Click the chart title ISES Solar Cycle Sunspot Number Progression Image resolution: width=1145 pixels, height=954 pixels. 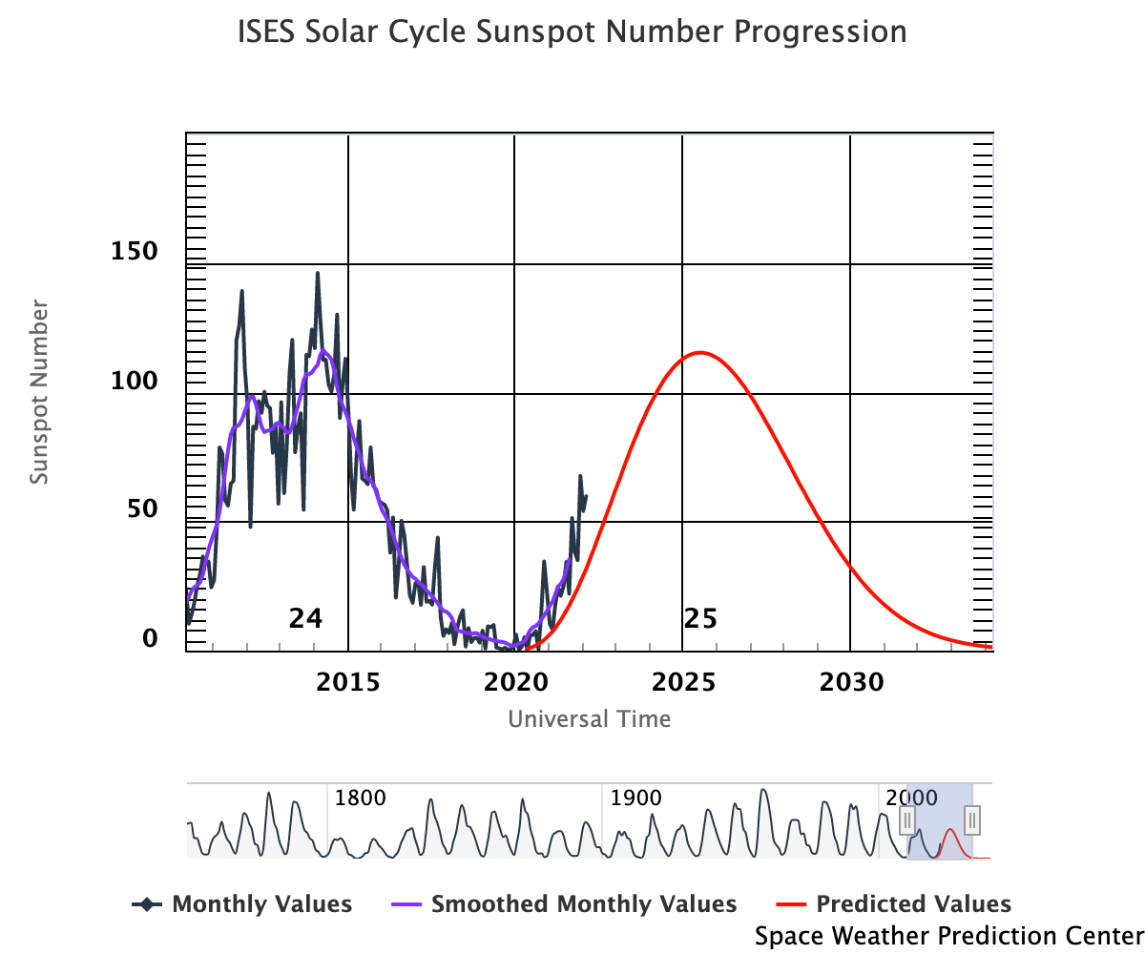(x=572, y=32)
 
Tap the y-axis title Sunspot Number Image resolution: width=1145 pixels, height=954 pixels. (x=39, y=392)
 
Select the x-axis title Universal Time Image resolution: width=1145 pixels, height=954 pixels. (x=589, y=718)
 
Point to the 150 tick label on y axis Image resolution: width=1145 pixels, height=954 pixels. (x=135, y=252)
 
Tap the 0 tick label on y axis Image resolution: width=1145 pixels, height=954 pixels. (x=150, y=637)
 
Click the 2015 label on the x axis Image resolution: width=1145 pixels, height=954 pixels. (x=348, y=682)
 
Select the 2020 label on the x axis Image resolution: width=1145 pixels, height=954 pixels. (x=515, y=682)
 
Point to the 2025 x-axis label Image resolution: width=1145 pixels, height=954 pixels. (x=682, y=682)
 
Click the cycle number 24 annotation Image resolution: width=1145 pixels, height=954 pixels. (x=305, y=619)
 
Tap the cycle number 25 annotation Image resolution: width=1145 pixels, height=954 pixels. (x=700, y=619)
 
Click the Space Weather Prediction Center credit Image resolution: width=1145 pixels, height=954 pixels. (x=948, y=936)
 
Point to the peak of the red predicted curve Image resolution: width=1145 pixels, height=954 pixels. (x=700, y=353)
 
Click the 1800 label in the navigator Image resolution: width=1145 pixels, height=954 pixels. (x=360, y=798)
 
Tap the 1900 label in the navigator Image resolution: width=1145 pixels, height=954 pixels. (x=635, y=798)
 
